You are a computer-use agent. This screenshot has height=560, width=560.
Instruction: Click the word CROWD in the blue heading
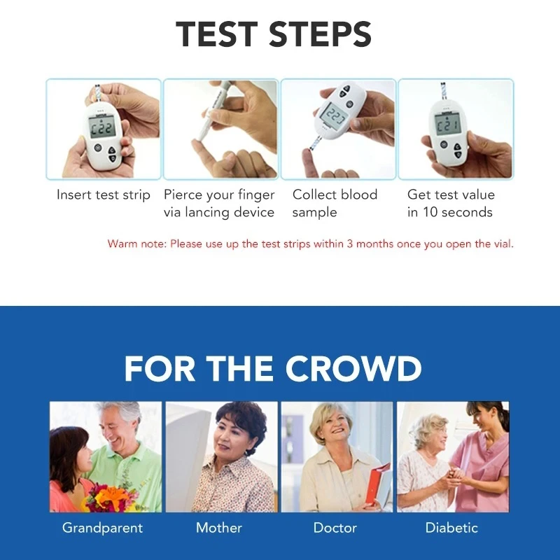point(350,369)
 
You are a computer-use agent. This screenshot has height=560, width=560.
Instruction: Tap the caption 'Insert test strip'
point(104,195)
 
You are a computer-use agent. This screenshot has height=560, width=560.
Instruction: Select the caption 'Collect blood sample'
point(335,203)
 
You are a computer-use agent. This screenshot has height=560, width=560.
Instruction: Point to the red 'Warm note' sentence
point(310,244)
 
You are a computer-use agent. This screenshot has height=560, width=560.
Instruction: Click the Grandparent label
point(102,528)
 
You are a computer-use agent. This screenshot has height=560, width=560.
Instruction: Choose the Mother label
point(219,528)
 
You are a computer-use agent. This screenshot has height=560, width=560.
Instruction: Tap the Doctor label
point(335,528)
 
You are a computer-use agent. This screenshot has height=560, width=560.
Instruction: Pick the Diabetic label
point(451,528)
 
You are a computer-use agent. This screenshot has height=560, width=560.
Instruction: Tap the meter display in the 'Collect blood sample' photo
point(335,115)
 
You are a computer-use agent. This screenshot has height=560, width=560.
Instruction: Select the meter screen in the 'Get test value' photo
point(447,125)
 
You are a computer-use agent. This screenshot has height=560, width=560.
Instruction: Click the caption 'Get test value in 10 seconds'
point(451,203)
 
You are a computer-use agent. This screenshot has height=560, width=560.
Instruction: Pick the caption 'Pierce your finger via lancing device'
point(219,203)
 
